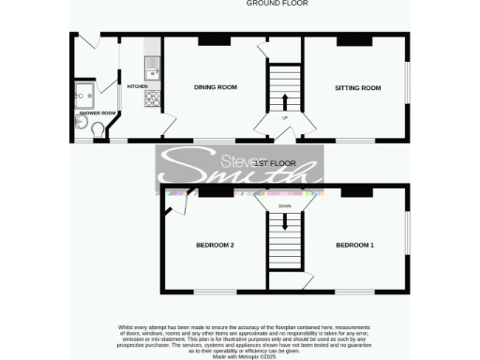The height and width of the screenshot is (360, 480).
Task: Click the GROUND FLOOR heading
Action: [x=277, y=4]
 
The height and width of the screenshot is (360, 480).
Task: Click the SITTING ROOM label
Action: [x=358, y=88]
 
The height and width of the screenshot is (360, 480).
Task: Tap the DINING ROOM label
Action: [x=215, y=88]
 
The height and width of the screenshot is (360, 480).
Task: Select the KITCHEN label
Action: [x=137, y=86]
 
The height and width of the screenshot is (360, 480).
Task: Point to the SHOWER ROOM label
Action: [x=97, y=113]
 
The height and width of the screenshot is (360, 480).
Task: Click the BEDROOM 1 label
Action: [x=355, y=246]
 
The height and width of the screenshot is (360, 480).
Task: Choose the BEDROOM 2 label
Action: [x=215, y=246]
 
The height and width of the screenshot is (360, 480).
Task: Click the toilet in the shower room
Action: [x=99, y=131]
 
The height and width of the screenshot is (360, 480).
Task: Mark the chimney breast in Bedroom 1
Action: [x=354, y=191]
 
